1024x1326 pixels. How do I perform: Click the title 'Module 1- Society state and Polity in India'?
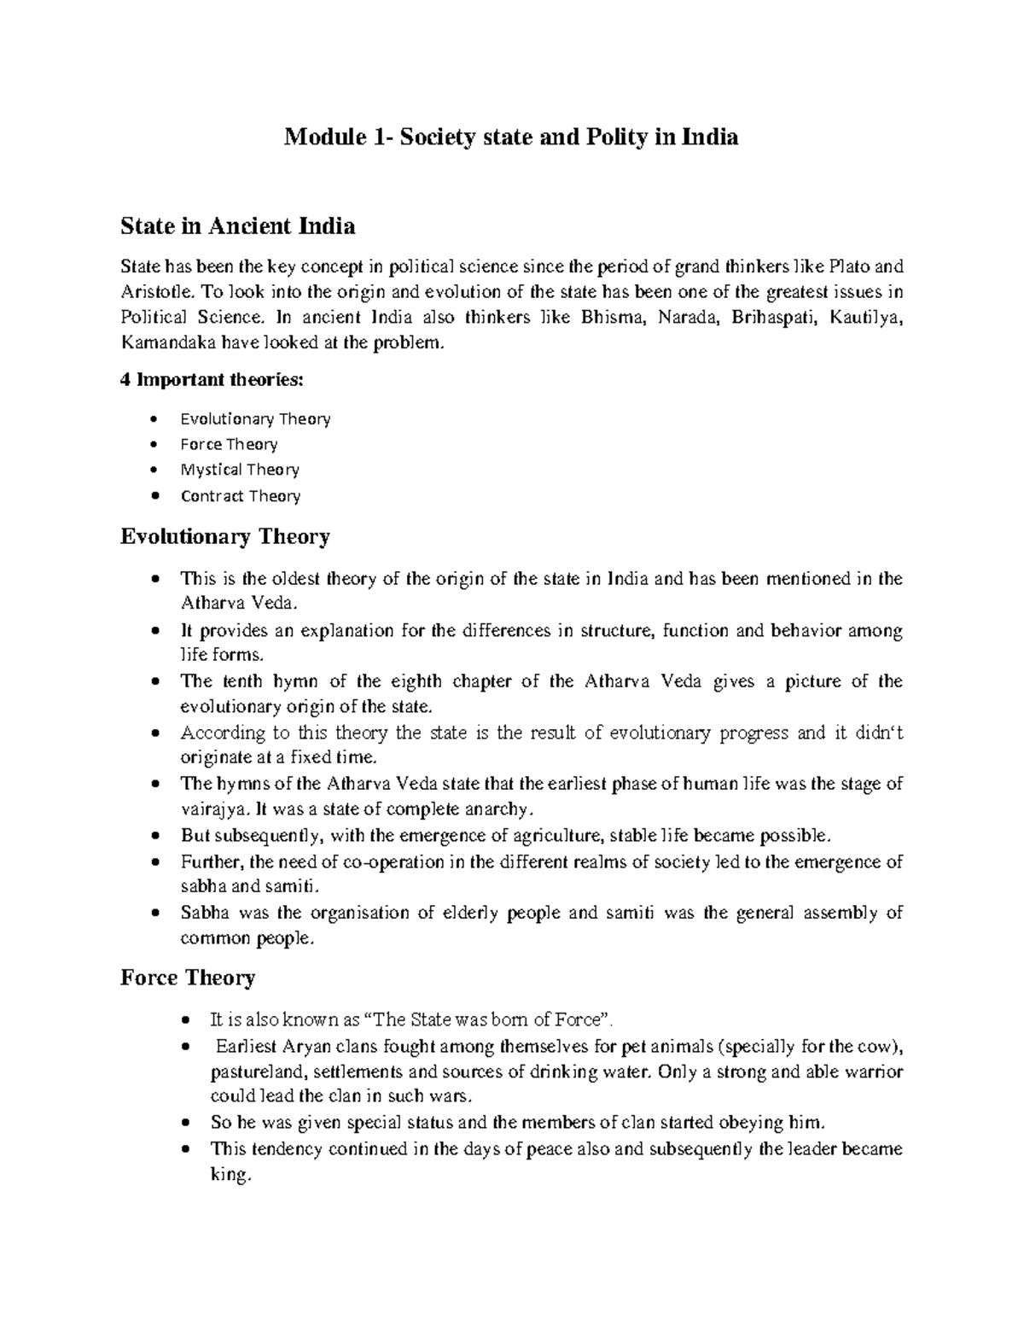pos(511,137)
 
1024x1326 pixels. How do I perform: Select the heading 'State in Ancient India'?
pos(238,226)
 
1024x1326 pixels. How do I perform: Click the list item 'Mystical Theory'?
pos(240,470)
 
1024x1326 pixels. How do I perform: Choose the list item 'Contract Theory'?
pos(240,496)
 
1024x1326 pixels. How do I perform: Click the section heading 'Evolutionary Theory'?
pos(225,537)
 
